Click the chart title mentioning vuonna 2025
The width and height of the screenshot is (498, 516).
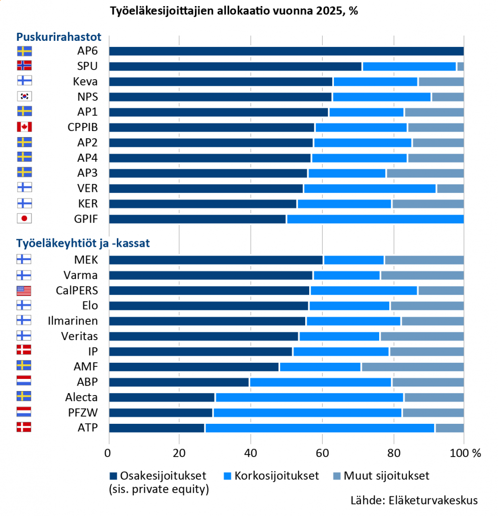234,11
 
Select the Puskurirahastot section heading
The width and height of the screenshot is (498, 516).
59,37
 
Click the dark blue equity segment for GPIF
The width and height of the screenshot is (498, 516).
197,219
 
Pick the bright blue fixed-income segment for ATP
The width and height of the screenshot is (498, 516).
320,428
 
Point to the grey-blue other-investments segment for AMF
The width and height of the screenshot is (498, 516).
412,367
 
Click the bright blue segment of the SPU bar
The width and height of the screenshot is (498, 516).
409,66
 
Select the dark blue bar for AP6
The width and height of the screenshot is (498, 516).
286,51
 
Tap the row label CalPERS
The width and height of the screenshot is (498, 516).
77,290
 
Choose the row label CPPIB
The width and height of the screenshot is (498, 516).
82,127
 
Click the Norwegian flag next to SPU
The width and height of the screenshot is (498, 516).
24,66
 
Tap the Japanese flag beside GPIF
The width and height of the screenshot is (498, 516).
24,219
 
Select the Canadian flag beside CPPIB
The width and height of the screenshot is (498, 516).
24,127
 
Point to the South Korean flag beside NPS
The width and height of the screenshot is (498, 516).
24,96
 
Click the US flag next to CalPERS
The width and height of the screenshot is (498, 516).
24,290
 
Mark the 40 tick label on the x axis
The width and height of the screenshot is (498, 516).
250,453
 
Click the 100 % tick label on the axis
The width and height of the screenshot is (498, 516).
466,453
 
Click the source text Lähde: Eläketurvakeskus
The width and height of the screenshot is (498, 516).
414,501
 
